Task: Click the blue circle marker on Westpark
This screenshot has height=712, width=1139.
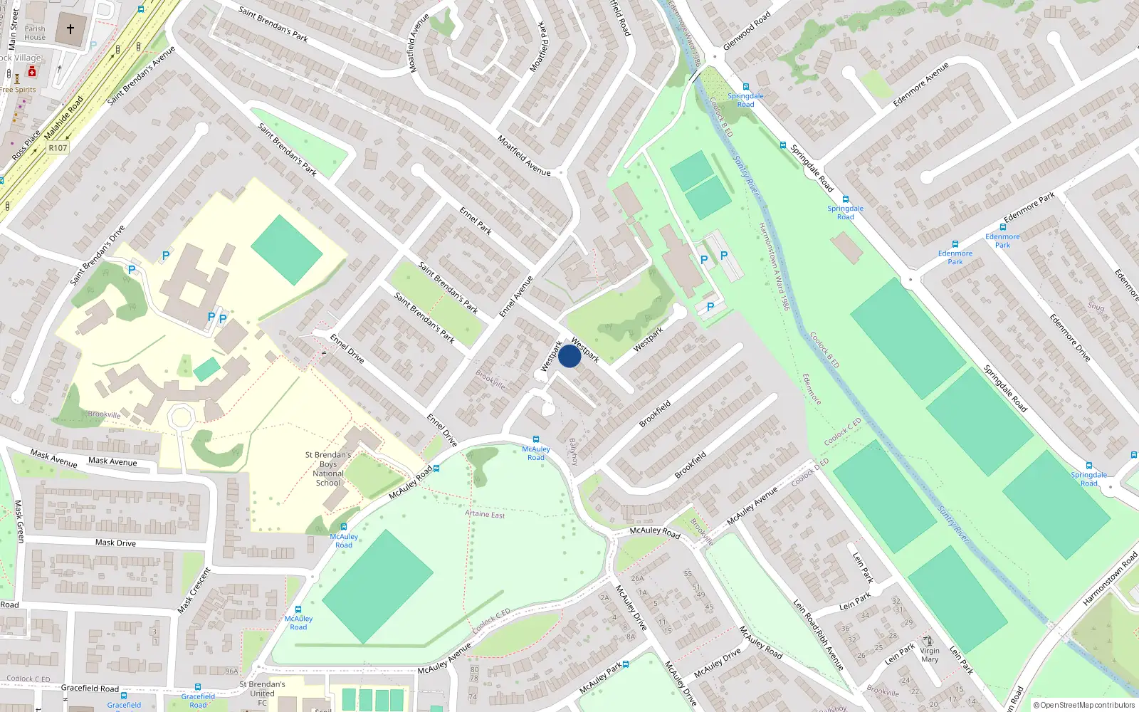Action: coord(569,356)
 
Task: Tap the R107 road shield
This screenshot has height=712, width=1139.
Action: coord(58,148)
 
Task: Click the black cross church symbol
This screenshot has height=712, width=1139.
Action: coord(70,29)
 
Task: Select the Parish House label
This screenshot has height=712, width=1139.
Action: coord(35,33)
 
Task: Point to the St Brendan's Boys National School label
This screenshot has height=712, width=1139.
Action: coord(328,468)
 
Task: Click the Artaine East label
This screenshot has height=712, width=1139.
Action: coord(485,514)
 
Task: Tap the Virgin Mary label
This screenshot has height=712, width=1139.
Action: coord(930,655)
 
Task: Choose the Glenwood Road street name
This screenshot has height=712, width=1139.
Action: coord(747,31)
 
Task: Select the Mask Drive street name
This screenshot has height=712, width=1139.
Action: coord(115,543)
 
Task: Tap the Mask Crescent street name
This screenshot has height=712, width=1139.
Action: coord(194,590)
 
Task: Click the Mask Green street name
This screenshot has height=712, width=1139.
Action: coord(19,521)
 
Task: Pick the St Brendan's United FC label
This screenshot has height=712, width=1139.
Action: coord(262,693)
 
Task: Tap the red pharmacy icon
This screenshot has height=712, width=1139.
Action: coord(32,72)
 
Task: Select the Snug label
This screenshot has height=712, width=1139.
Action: coord(1096,307)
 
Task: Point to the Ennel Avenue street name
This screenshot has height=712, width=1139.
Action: coord(516,297)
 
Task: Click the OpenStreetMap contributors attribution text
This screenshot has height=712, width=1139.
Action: coord(1083,705)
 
